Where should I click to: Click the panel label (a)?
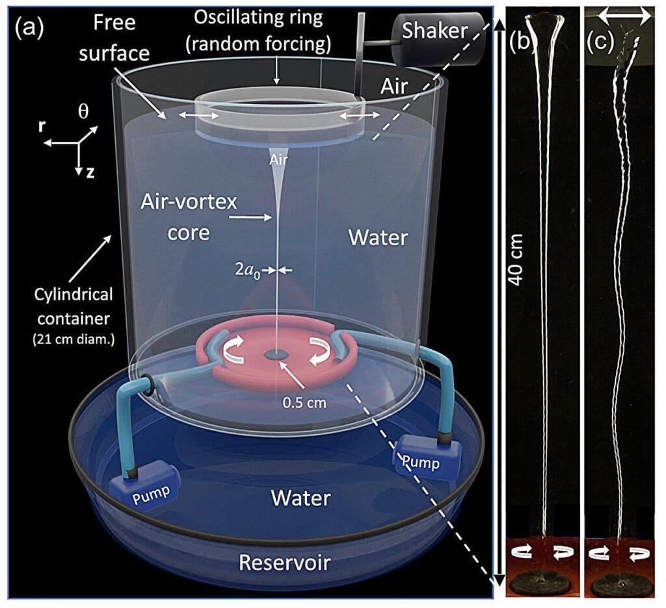coord(29,28)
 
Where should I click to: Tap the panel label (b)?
coord(522,42)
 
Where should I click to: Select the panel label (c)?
coord(601,42)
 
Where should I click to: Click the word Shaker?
coord(435,31)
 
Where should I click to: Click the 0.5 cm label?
coord(304,402)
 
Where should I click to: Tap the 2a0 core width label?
coord(248,270)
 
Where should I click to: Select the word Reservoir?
coord(285,562)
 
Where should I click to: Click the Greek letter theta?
coord(83,111)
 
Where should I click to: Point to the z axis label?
coord(90,172)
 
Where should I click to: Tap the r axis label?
coord(42,126)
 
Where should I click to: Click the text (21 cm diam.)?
coord(73,339)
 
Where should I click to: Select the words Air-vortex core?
coord(189,217)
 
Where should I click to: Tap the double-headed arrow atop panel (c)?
coord(624,16)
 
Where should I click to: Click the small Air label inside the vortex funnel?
coord(278,160)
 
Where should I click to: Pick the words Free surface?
coord(114,38)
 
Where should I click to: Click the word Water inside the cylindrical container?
coord(378,237)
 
